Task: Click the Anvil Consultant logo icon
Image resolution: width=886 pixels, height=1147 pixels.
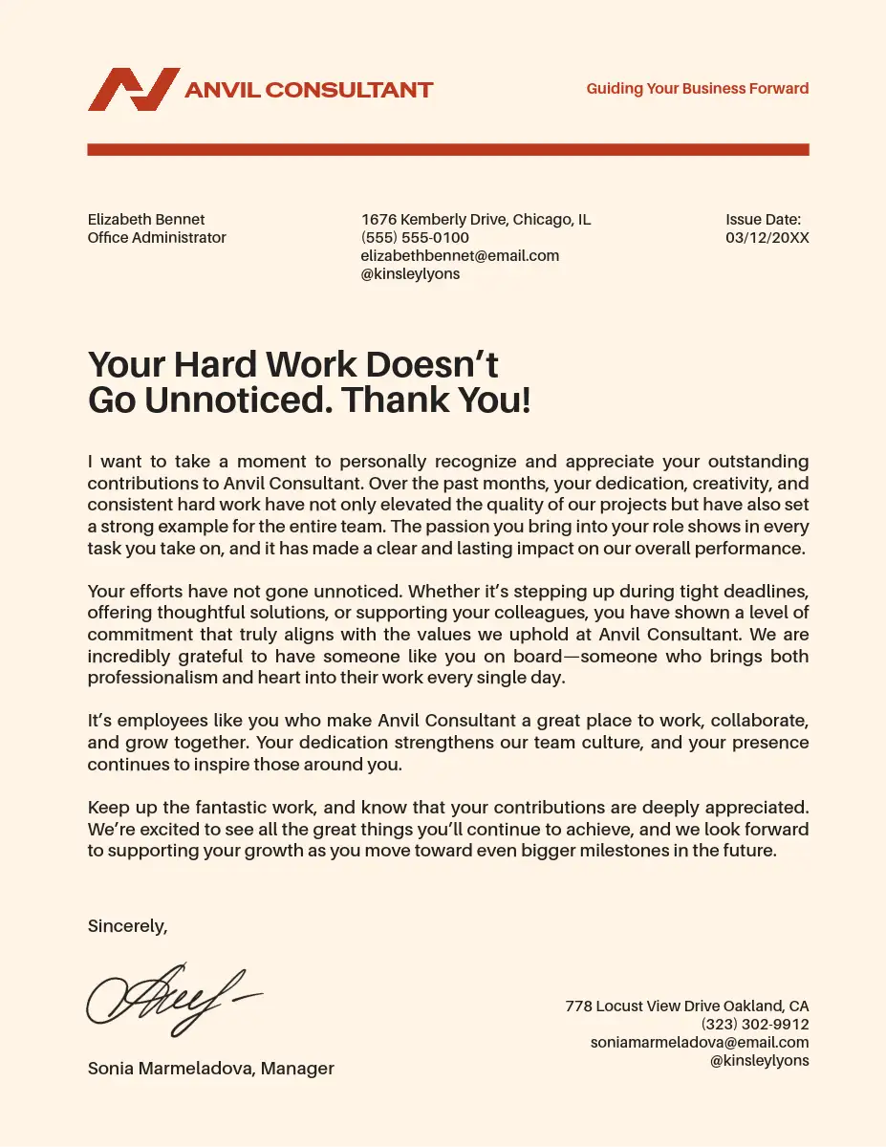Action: click(x=133, y=89)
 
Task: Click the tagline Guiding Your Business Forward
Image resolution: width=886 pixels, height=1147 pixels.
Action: click(x=697, y=89)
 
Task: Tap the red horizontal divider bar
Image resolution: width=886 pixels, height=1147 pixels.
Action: click(x=448, y=150)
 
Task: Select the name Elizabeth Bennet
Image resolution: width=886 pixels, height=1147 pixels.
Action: click(x=146, y=220)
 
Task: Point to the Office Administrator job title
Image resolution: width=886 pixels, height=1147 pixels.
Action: click(x=157, y=238)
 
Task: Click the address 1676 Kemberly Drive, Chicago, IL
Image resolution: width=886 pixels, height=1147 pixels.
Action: click(x=476, y=220)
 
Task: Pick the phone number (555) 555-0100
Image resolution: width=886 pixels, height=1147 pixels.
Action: click(x=415, y=238)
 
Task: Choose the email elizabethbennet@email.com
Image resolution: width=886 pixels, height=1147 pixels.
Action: click(x=460, y=256)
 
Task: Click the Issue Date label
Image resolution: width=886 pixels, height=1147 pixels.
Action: click(x=763, y=220)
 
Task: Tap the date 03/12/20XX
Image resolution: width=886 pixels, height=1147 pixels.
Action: click(x=767, y=238)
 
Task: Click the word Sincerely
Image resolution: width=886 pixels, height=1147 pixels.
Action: click(x=127, y=926)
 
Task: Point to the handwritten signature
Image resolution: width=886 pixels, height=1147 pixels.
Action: click(x=172, y=1000)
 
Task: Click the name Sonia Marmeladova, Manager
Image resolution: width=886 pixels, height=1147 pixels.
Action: click(x=211, y=1069)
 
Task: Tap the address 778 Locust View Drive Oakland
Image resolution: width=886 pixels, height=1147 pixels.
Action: click(x=686, y=1006)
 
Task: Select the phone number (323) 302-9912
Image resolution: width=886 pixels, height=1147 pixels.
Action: click(x=755, y=1025)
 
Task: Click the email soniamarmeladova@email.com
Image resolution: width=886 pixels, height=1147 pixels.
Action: click(x=700, y=1043)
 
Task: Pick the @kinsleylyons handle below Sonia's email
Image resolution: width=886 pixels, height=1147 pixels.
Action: click(x=760, y=1061)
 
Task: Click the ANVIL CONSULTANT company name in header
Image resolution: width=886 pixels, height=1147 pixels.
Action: click(x=309, y=91)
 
